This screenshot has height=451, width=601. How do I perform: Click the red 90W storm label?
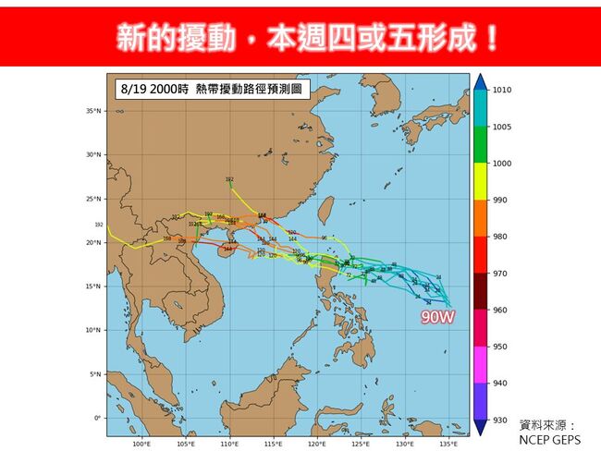click(437, 317)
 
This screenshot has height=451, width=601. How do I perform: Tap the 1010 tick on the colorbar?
click(502, 91)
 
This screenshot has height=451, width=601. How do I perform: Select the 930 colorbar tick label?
click(500, 421)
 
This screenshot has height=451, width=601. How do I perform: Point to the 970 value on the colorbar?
click(500, 274)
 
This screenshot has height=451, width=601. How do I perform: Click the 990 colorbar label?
click(500, 201)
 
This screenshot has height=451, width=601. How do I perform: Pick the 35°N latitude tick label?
click(92, 111)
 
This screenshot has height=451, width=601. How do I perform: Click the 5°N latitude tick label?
click(94, 374)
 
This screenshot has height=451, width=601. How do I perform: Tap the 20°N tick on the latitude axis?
click(92, 242)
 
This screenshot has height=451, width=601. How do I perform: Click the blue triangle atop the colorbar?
click(480, 81)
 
